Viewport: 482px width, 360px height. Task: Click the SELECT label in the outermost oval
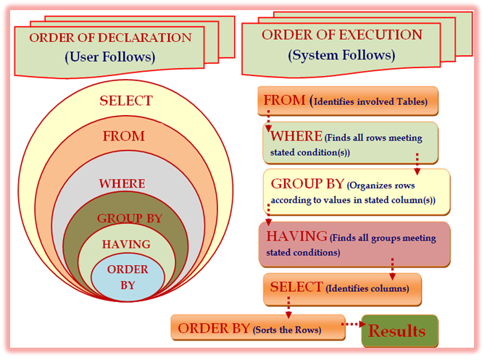tap(126, 101)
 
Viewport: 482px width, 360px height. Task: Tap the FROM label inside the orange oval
tap(123, 136)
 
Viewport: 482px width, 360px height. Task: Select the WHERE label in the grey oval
tap(122, 183)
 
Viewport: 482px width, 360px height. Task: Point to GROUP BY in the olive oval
tap(130, 218)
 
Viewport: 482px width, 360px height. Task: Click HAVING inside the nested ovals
tap(126, 244)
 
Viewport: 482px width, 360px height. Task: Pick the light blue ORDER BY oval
tap(128, 277)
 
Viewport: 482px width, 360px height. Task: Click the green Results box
tap(400, 331)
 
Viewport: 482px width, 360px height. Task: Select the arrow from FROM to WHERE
tap(268, 121)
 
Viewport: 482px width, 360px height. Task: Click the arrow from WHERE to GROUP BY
tap(417, 164)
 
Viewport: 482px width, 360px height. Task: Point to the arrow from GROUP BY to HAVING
tap(268, 214)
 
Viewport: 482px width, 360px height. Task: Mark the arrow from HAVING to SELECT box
tap(393, 269)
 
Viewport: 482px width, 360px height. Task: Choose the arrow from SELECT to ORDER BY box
tap(288, 307)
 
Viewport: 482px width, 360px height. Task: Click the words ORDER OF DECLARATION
tap(110, 38)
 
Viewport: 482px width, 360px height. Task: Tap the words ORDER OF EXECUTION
tap(342, 35)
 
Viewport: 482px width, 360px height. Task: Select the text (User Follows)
tap(109, 56)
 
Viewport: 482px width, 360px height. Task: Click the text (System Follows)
tap(341, 55)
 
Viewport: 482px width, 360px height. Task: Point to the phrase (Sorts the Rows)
tap(287, 330)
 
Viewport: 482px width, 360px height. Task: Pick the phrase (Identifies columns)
tap(367, 288)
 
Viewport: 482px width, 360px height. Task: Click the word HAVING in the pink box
tap(297, 236)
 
